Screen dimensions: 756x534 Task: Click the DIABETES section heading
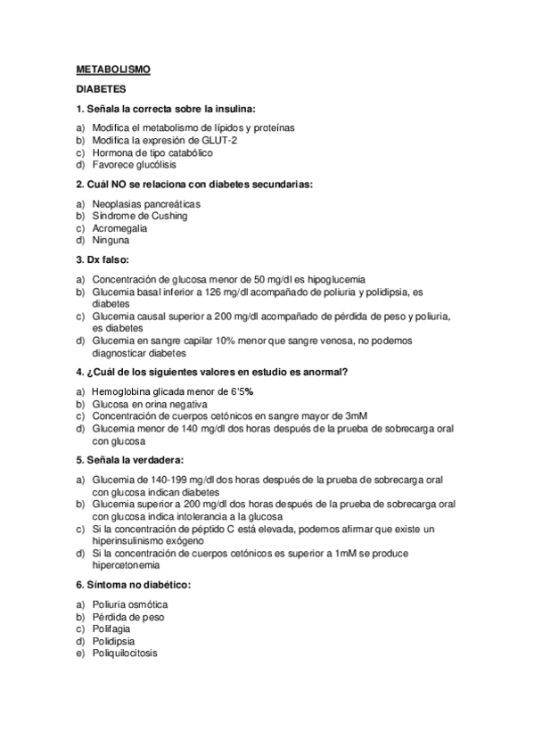point(101,89)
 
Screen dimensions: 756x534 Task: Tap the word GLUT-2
point(221,140)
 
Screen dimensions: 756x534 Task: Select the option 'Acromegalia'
point(120,228)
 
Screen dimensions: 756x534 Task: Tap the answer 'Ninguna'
point(111,241)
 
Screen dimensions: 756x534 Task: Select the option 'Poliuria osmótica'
point(130,604)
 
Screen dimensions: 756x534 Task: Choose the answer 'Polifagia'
point(112,629)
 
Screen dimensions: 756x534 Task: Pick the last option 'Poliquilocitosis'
point(125,653)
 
